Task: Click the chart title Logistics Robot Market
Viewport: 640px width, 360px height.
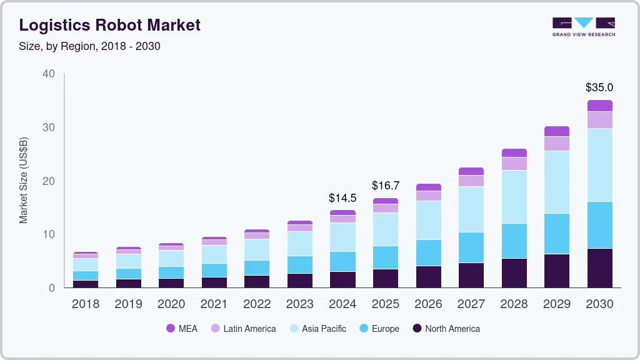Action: coord(110,25)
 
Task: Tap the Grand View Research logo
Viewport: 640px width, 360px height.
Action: coord(583,26)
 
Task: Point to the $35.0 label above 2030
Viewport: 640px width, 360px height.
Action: coord(599,87)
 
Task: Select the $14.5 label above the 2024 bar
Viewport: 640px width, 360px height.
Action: coord(342,198)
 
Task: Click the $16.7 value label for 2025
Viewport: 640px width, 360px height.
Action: coord(386,186)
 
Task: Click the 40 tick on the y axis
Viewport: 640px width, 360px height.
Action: coord(49,74)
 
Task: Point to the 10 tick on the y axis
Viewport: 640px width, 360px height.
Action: coord(49,234)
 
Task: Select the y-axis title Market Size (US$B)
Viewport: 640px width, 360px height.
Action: coord(24,180)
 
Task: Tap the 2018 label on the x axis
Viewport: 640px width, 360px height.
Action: coord(85,304)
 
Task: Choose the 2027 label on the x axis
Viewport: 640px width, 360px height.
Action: coord(471,304)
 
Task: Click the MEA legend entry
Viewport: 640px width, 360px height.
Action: coord(181,329)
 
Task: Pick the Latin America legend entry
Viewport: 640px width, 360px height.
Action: coord(243,329)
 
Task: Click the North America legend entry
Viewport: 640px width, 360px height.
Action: coord(446,329)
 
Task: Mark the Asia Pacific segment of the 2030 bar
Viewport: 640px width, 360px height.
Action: coord(599,165)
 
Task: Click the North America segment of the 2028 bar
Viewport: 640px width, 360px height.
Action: coord(514,273)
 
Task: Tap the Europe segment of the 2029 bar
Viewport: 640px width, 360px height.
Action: coord(557,234)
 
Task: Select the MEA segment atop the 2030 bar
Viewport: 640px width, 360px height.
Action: coord(599,106)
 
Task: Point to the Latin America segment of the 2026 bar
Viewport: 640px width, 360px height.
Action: coord(428,196)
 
